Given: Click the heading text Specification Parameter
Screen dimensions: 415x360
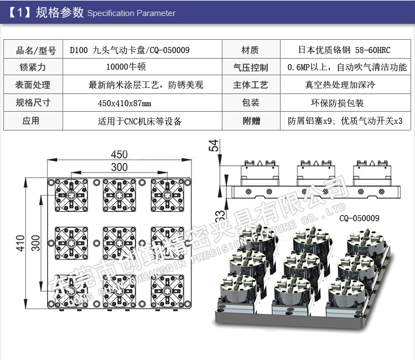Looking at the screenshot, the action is pos(131,13).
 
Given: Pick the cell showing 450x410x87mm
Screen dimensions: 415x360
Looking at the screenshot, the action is pos(124,103).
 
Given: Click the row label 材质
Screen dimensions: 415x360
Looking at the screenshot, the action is pos(250,50).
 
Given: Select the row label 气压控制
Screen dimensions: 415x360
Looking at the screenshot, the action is pos(250,67).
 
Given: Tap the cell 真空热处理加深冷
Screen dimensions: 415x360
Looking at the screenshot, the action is pos(340,85).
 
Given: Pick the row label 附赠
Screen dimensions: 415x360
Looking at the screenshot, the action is pos(250,121).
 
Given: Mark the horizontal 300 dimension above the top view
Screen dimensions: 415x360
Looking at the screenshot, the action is pos(118,167).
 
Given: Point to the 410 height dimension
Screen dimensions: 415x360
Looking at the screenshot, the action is pos(20,243).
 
